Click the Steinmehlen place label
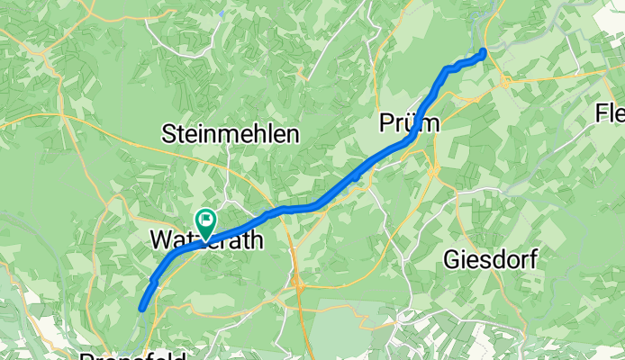(230, 135)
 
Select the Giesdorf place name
(491, 261)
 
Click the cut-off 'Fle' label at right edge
(611, 113)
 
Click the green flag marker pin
(205, 219)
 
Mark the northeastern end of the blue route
(485, 51)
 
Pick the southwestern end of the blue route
(142, 310)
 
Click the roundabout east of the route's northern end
(505, 81)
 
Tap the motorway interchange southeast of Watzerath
(298, 286)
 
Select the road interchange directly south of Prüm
(433, 168)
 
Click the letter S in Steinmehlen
(168, 135)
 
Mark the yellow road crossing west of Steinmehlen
(60, 115)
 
